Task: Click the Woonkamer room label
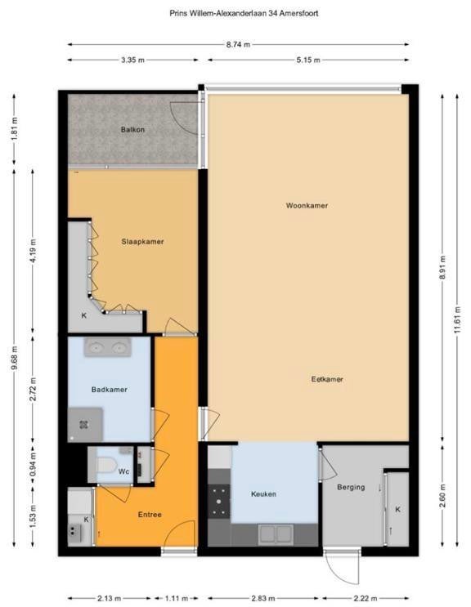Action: coord(307,206)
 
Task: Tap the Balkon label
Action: coord(132,130)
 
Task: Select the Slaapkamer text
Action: coord(142,242)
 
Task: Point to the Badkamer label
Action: coord(110,390)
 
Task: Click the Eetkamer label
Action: coord(327,379)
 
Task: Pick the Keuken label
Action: coord(263,494)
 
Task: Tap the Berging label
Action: coord(351,488)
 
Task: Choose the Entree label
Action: coord(150,515)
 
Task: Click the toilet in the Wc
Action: coord(105,465)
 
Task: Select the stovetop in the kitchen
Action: coord(219,502)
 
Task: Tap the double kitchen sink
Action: coord(276,533)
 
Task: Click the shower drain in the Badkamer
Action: coord(83,425)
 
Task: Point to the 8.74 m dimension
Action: coord(238,44)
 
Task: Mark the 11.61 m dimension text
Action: coord(457,319)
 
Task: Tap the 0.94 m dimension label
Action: coord(33,465)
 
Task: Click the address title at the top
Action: coord(244,13)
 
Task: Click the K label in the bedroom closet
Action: coord(84,316)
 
